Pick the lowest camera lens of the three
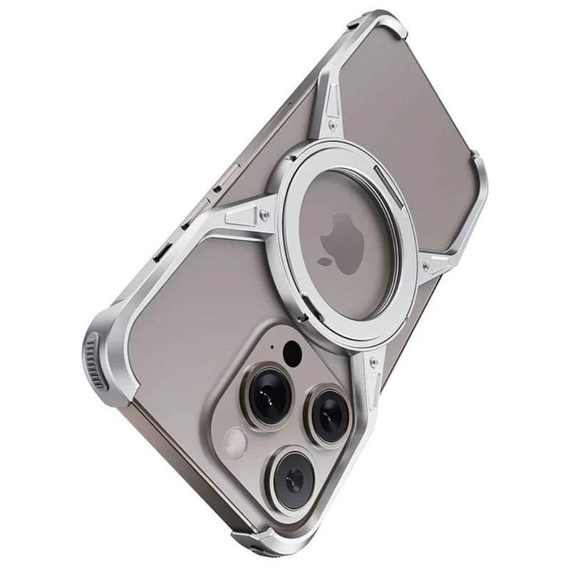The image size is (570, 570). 293,471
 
